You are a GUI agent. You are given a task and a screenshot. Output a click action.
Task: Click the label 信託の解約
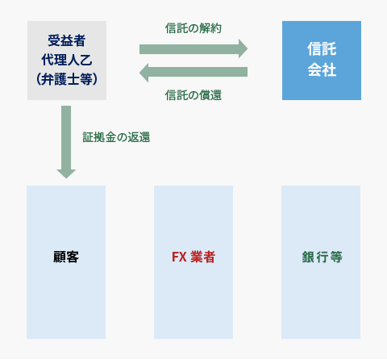pyautogui.click(x=193, y=28)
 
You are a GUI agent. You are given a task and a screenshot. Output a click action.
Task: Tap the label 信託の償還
pyautogui.click(x=193, y=95)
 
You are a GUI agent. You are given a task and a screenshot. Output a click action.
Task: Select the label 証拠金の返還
pyautogui.click(x=116, y=137)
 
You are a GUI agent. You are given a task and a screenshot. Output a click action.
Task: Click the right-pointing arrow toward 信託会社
pyautogui.click(x=193, y=48)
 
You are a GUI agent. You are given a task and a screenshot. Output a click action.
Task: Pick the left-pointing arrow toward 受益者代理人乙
pyautogui.click(x=193, y=73)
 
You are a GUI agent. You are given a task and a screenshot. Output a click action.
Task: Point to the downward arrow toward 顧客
pyautogui.click(x=66, y=142)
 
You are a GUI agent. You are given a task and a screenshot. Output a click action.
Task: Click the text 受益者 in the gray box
pyautogui.click(x=67, y=41)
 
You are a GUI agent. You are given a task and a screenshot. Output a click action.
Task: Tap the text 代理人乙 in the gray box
pyautogui.click(x=67, y=60)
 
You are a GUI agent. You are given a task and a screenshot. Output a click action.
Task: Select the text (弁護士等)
pyautogui.click(x=67, y=79)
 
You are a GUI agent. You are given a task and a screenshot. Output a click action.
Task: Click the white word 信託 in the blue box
pyautogui.click(x=322, y=49)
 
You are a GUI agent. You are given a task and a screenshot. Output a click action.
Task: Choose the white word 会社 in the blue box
pyautogui.click(x=322, y=69)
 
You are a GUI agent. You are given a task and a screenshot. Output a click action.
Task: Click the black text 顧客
pyautogui.click(x=66, y=257)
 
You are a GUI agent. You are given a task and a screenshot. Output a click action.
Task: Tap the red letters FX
pyautogui.click(x=179, y=257)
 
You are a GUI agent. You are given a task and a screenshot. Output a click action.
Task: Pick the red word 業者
pyautogui.click(x=203, y=257)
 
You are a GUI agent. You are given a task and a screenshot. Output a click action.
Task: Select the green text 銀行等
pyautogui.click(x=322, y=257)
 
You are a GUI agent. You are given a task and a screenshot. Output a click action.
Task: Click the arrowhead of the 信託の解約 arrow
pyautogui.click(x=243, y=48)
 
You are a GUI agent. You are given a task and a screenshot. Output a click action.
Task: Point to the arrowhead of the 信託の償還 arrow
pyautogui.click(x=144, y=73)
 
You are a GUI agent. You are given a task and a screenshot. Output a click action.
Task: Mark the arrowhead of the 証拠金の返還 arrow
pyautogui.click(x=66, y=174)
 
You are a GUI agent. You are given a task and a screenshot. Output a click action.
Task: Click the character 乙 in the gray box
pyautogui.click(x=86, y=60)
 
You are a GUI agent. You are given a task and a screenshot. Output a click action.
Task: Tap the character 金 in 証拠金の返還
pyautogui.click(x=110, y=137)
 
